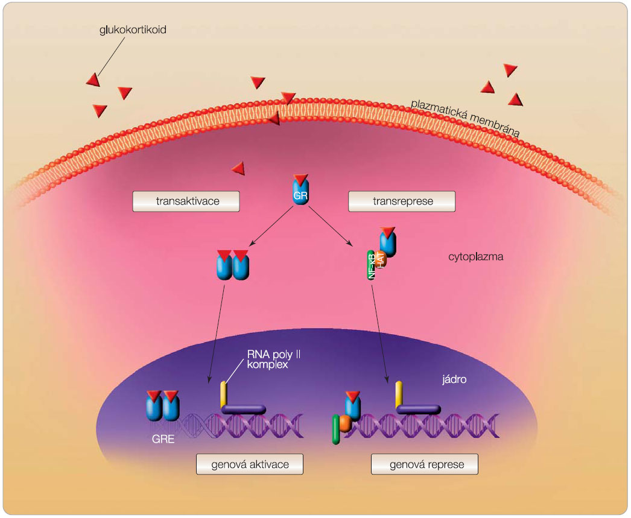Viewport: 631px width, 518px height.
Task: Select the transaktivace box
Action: pyautogui.click(x=186, y=201)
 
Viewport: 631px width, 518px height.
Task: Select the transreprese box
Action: pyautogui.click(x=402, y=201)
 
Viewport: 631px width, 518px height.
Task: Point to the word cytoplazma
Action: pyautogui.click(x=476, y=257)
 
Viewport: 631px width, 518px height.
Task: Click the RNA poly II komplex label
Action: pyautogui.click(x=273, y=359)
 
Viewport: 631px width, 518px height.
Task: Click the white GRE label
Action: pyautogui.click(x=163, y=439)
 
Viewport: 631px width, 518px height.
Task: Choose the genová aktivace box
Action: pyautogui.click(x=249, y=464)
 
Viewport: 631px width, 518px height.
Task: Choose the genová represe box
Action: pyautogui.click(x=425, y=464)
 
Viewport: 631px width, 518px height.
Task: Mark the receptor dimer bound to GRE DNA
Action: pyautogui.click(x=163, y=407)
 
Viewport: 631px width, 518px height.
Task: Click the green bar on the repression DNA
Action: pyautogui.click(x=335, y=430)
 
